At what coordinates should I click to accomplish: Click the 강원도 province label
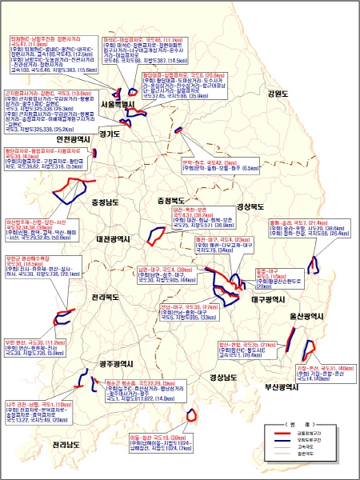pyautogui.click(x=277, y=94)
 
